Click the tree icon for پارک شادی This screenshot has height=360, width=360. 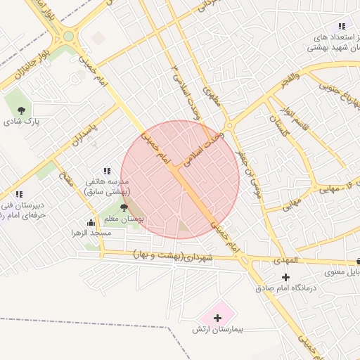coord(22,110)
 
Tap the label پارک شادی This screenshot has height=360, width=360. coord(22,122)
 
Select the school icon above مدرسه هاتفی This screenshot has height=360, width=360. coord(107,170)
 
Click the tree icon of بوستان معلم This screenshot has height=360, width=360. coord(124,207)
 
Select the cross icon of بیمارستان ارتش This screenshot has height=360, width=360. coord(218,318)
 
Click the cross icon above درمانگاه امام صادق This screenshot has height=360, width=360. coord(285,277)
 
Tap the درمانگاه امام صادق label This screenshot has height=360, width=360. coord(285,288)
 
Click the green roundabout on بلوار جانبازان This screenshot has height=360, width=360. coord(68,36)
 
